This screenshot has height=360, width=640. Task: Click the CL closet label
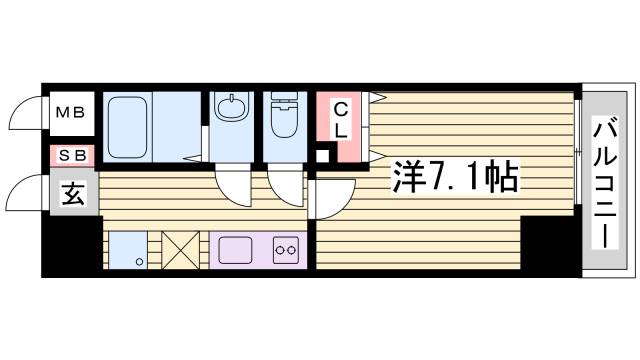point(341,119)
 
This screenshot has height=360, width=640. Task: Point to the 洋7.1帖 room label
point(456,178)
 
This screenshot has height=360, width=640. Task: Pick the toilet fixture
point(284,118)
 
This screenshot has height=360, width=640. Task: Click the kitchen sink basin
point(234,248)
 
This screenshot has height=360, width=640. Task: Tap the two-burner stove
point(286,249)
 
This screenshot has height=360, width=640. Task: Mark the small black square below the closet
point(322,155)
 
